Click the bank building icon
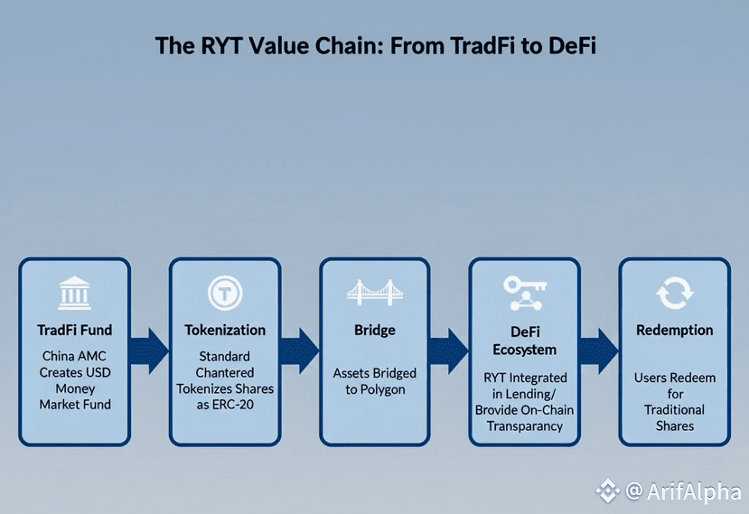(74, 293)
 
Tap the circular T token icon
(225, 293)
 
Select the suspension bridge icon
(374, 293)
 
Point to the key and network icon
(525, 293)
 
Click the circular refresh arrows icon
(675, 293)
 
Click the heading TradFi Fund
(74, 330)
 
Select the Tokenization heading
(225, 330)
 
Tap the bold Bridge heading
(375, 330)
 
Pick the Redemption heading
(675, 330)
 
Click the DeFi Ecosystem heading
(525, 341)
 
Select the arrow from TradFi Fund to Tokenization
(149, 350)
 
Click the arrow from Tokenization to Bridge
(299, 350)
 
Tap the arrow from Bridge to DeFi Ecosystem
(449, 350)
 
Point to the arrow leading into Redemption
(599, 350)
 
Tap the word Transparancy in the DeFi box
(525, 426)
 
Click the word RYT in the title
(221, 46)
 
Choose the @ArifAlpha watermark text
(684, 491)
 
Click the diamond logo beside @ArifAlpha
(608, 491)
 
